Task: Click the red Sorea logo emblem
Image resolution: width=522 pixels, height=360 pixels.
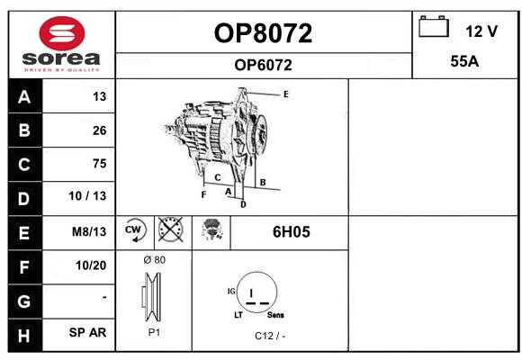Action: tap(62, 33)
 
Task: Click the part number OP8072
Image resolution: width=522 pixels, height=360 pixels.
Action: tap(263, 33)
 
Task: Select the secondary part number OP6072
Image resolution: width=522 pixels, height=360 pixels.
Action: tap(263, 65)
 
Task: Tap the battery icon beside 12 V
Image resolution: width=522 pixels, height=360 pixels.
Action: tap(434, 26)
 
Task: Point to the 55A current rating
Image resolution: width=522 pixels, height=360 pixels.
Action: tap(464, 61)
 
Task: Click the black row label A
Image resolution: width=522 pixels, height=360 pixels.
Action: tap(24, 97)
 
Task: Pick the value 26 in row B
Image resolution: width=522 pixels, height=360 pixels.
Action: tap(100, 130)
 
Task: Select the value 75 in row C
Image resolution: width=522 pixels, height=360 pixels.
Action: tap(100, 164)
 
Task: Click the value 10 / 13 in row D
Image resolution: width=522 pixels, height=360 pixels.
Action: tap(87, 196)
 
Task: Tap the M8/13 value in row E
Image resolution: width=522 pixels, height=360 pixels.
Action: tap(89, 231)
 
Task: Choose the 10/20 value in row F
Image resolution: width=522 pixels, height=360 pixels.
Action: tap(91, 265)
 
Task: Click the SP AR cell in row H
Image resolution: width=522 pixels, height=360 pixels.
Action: tap(87, 332)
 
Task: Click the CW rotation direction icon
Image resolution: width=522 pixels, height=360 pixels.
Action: tap(134, 230)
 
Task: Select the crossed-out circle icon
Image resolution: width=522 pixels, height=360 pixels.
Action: tap(171, 229)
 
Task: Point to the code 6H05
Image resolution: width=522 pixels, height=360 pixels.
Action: tap(292, 232)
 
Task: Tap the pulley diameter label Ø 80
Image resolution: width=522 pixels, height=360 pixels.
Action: tap(155, 260)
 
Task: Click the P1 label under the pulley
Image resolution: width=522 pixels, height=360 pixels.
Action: tap(154, 332)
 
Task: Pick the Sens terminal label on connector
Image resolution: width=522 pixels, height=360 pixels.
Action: tap(275, 315)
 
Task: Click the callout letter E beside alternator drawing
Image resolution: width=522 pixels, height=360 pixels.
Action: tap(286, 94)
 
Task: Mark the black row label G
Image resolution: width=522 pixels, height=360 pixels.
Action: tap(24, 301)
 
